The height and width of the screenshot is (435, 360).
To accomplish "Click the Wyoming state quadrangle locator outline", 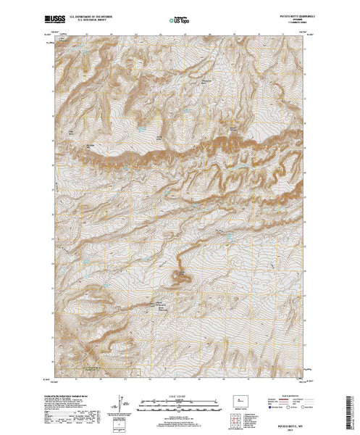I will [x=240, y=399].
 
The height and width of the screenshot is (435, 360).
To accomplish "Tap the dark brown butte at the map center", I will [x=177, y=275].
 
